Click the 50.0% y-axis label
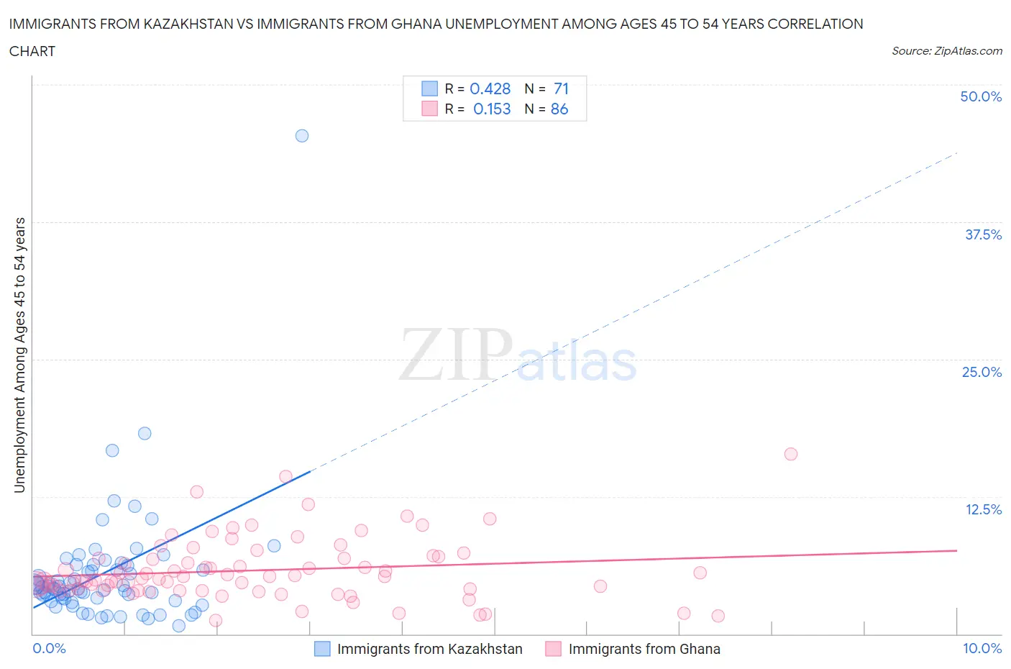(x=981, y=96)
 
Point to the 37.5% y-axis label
(x=983, y=235)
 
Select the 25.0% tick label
(x=982, y=372)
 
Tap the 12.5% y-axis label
(x=983, y=509)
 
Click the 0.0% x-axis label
(x=49, y=648)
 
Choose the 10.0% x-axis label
(x=982, y=648)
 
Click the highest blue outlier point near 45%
(x=302, y=136)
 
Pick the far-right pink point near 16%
(x=791, y=454)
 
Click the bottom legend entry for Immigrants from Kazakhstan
(x=429, y=649)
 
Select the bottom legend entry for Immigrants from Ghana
(x=644, y=649)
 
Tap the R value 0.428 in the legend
(x=490, y=88)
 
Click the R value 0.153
(x=492, y=109)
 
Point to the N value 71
(x=561, y=88)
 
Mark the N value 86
(x=559, y=109)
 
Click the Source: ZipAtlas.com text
(x=946, y=51)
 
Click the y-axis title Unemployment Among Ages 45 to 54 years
(x=19, y=355)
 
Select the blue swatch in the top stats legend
(x=429, y=88)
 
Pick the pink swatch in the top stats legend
(x=429, y=109)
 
